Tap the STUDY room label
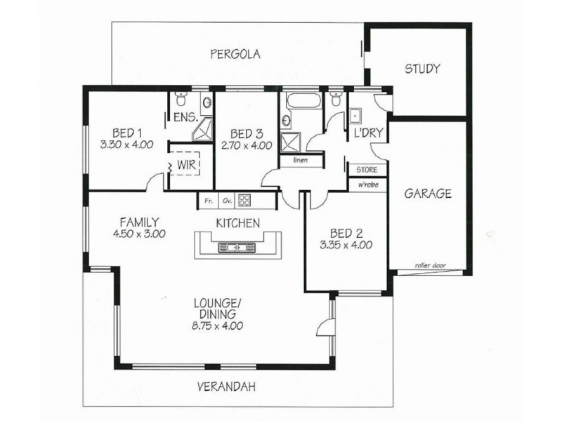(422, 69)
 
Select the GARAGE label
(427, 194)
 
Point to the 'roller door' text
(429, 265)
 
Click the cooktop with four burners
(244, 201)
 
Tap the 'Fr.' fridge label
(209, 201)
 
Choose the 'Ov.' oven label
(227, 201)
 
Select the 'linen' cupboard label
(298, 160)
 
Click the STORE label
(367, 170)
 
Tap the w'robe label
(367, 185)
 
